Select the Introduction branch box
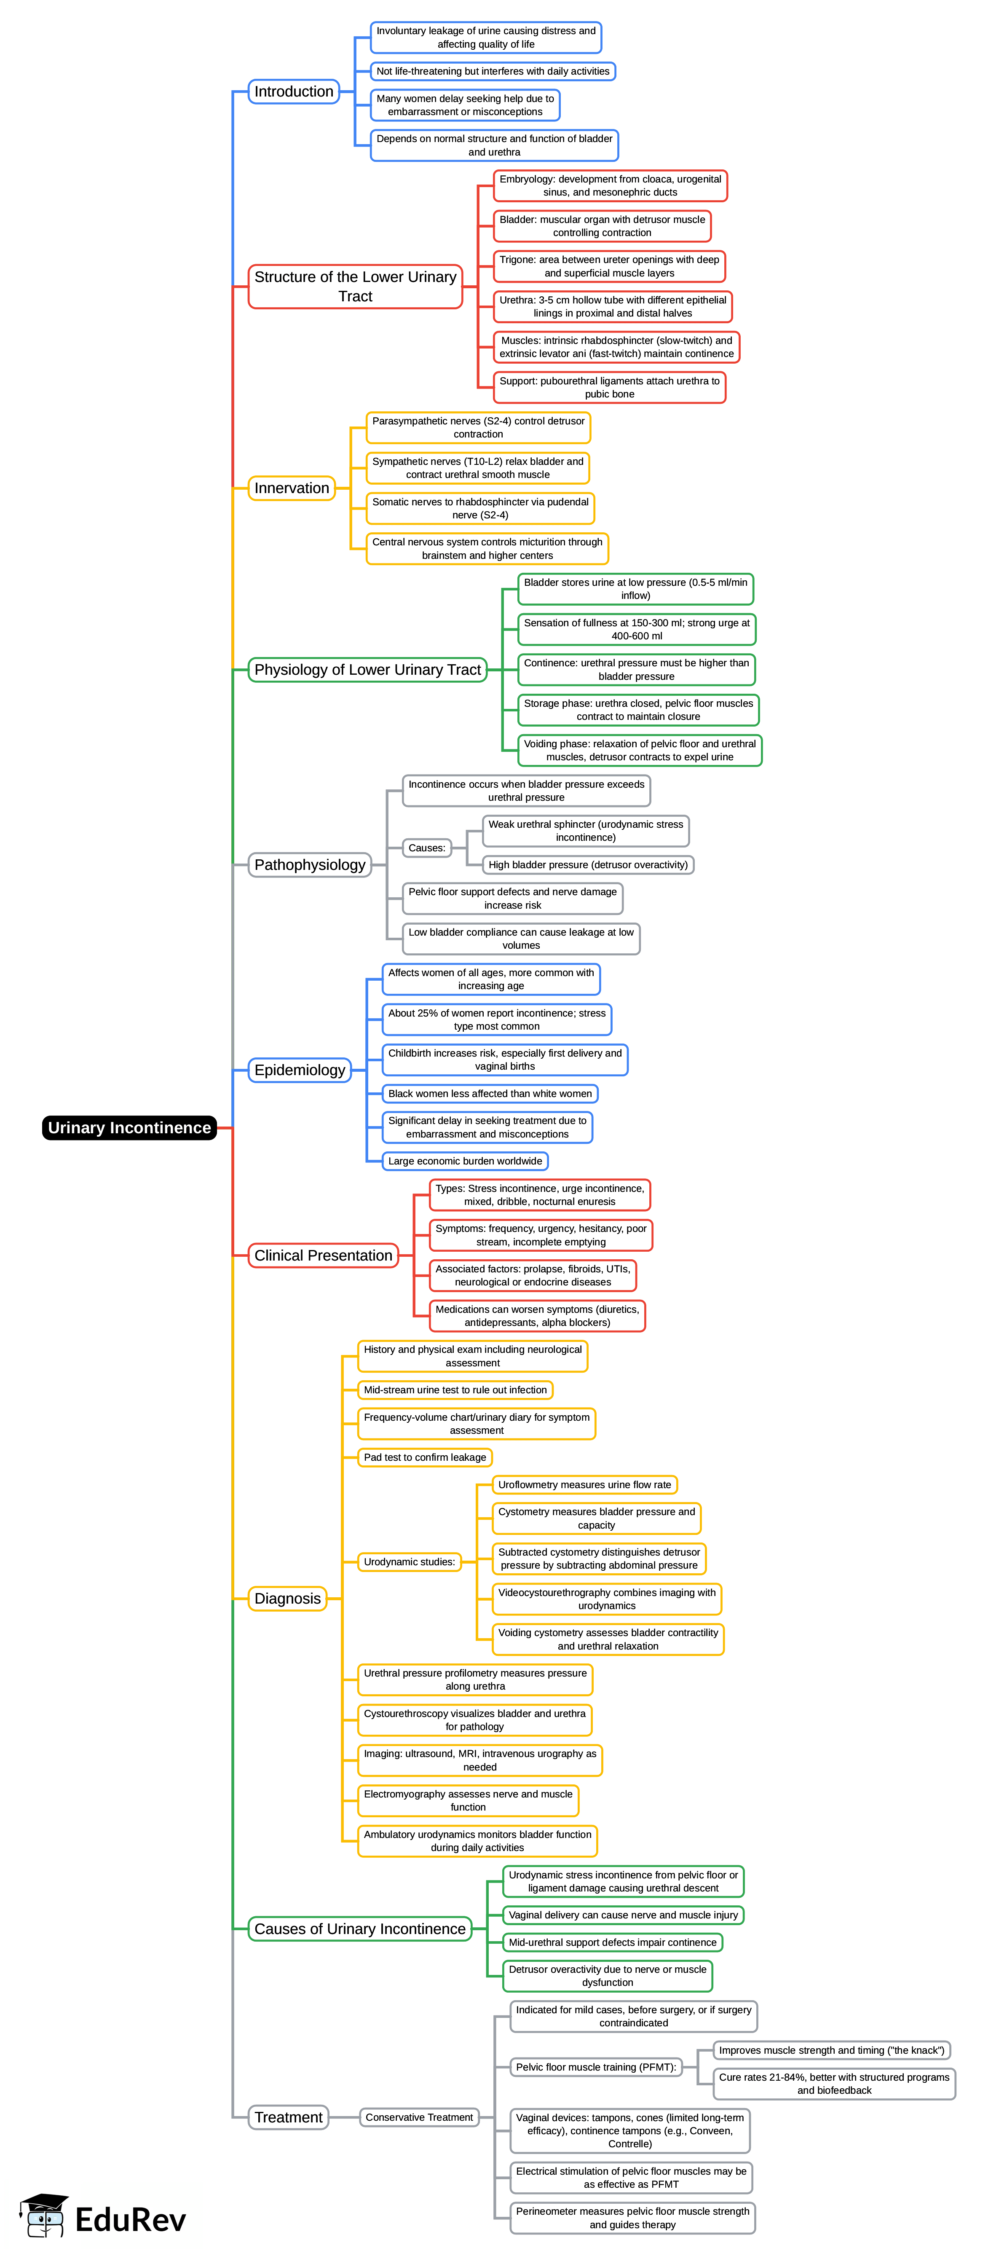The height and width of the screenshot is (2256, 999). click(x=293, y=91)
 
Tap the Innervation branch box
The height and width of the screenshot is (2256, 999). click(x=292, y=488)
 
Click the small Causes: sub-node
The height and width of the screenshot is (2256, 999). click(x=426, y=848)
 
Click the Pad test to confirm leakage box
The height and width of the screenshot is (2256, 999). click(x=425, y=1457)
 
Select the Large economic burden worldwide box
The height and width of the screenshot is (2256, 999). click(x=465, y=1161)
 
